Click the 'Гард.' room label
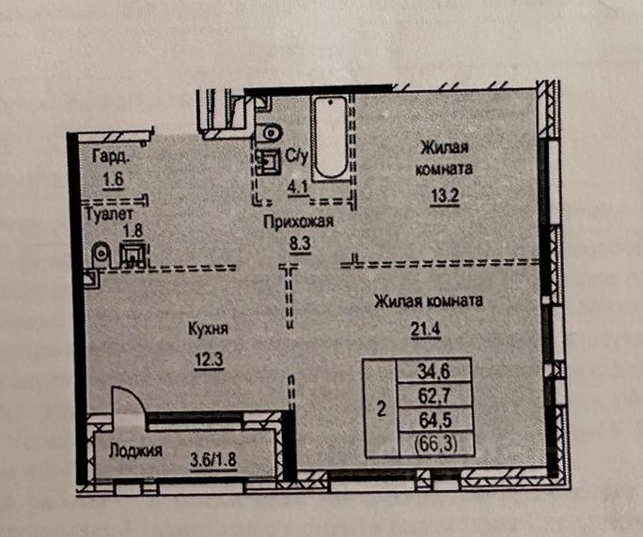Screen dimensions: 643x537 (110, 157)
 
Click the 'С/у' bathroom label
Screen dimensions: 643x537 (298, 155)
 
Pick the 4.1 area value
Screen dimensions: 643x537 (299, 185)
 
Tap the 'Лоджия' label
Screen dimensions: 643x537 (133, 450)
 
